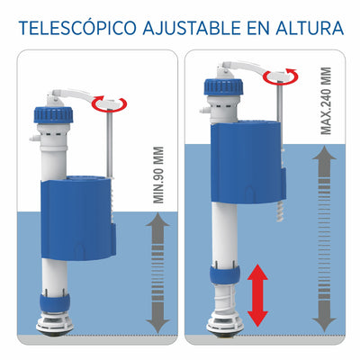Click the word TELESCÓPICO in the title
click(77, 28)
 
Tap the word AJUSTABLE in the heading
click(192, 29)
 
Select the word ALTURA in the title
click(310, 29)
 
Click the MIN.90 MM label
click(158, 175)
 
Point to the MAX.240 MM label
click(326, 101)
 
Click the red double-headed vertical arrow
click(257, 295)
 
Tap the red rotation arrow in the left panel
click(110, 103)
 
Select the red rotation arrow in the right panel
click(281, 76)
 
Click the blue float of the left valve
click(78, 218)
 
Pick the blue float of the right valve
click(248, 162)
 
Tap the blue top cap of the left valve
click(53, 115)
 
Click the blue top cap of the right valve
click(223, 86)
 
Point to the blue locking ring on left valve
click(55, 302)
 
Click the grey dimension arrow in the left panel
click(158, 273)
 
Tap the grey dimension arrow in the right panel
click(324, 239)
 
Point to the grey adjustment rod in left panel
click(110, 144)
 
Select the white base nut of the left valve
click(55, 323)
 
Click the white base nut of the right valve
click(225, 323)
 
